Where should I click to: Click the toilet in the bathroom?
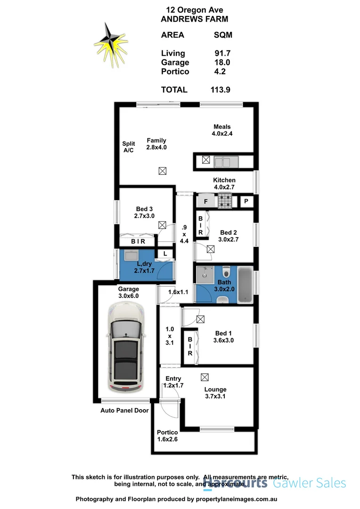coord(227,272)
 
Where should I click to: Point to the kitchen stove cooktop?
coord(225,202)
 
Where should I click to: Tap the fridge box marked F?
coord(205,202)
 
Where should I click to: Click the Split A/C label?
coord(129,147)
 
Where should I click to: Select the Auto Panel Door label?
coord(124,410)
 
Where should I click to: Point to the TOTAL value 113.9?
coord(221,90)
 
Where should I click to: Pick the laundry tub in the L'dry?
coord(131,256)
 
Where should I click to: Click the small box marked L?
coord(164,254)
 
